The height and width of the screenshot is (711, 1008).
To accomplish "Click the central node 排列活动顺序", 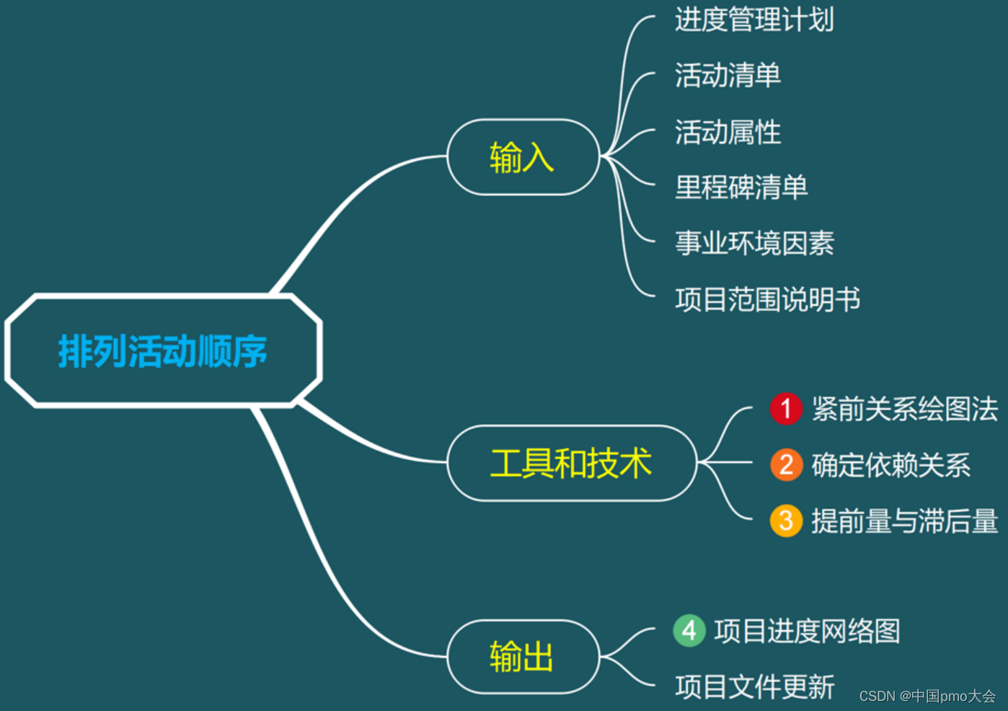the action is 163,351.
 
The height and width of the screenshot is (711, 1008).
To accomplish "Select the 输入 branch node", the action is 522,157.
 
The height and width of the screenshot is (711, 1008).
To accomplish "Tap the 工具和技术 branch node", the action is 571,463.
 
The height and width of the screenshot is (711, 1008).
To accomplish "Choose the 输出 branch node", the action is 522,657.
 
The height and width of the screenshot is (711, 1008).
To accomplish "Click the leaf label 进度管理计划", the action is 754,19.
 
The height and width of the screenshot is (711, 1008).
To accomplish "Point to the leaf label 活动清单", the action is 728,75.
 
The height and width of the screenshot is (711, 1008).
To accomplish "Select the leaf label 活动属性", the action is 728,132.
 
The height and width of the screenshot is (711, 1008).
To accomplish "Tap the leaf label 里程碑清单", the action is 741,187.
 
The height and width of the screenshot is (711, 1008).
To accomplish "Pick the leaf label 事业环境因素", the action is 754,244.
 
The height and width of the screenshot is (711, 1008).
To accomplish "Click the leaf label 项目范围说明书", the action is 767,299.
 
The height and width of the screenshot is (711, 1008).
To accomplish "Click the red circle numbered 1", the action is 786,409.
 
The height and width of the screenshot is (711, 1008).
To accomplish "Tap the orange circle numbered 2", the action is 786,464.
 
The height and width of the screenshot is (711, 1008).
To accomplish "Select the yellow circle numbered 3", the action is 786,521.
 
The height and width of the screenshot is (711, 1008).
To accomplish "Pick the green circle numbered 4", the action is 689,631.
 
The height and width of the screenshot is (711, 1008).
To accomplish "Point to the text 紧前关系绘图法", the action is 905,409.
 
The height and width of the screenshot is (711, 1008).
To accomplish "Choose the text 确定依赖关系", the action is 891,465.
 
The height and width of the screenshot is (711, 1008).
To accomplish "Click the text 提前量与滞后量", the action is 905,521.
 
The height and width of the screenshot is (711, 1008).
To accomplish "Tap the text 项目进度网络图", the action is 807,631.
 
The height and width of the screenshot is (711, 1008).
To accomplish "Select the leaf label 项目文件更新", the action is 754,686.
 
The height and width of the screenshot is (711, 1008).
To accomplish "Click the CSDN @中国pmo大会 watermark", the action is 927,696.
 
